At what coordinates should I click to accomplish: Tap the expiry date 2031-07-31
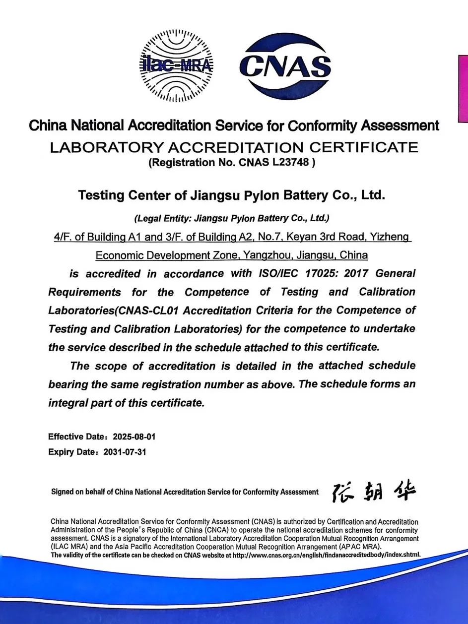[x=124, y=452]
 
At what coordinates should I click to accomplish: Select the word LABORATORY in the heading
[x=102, y=147]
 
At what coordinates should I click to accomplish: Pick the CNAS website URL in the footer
[x=326, y=555]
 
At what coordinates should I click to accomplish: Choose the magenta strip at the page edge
[x=463, y=89]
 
